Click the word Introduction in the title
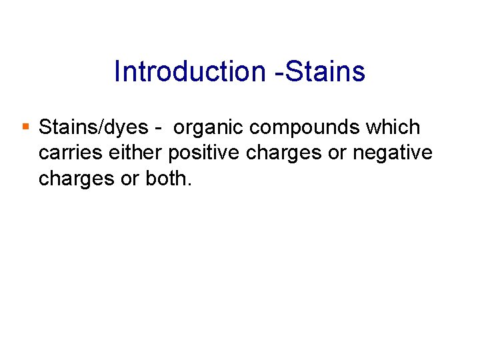point(190,71)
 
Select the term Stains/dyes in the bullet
point(93,127)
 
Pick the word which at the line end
point(397,127)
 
